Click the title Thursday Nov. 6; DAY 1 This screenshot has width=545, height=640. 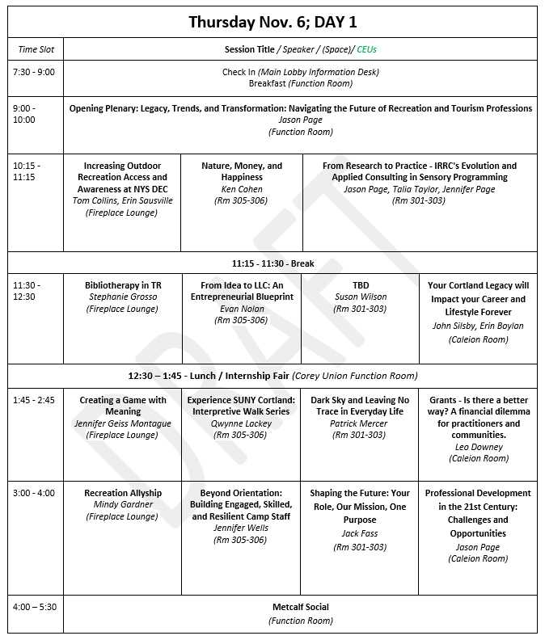point(272,22)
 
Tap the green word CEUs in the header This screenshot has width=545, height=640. point(367,50)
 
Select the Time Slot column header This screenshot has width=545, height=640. point(36,50)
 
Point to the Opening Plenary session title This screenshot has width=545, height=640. point(300,108)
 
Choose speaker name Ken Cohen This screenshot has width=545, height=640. point(242,189)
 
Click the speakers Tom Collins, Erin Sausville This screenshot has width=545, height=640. point(122,201)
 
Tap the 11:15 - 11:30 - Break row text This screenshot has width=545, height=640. point(272,263)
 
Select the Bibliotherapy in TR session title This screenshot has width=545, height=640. point(123,285)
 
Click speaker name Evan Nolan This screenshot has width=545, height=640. point(242,309)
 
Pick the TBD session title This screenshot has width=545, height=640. point(360,285)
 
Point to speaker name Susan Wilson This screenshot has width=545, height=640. point(360,297)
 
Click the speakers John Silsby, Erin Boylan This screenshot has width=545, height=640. point(478,326)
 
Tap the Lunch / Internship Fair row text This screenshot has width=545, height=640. point(272,376)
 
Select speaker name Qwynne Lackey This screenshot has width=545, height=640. point(242,423)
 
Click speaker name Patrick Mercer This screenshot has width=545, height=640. point(360,423)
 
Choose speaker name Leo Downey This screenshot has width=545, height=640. point(478,447)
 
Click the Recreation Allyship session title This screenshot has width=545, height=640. point(123,493)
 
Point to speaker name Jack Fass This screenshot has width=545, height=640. point(360,534)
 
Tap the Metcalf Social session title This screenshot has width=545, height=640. point(300,608)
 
